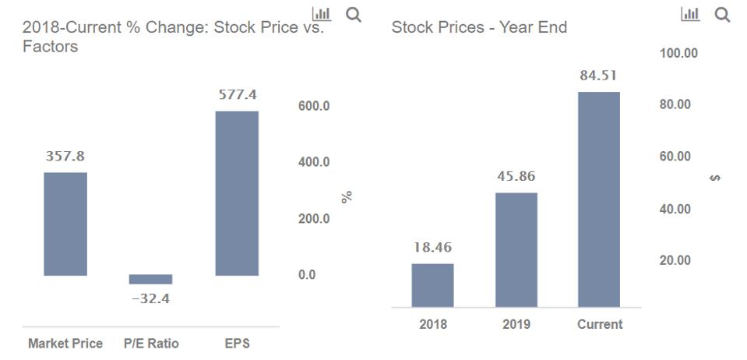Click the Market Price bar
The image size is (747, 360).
click(65, 224)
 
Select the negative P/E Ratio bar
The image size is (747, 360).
click(150, 279)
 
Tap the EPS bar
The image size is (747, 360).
click(236, 193)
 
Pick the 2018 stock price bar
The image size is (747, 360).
click(432, 285)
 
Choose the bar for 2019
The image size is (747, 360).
click(516, 249)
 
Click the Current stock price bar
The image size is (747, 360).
click(599, 199)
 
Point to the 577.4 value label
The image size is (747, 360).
click(237, 95)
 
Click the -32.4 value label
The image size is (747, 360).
click(150, 298)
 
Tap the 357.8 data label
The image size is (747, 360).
click(65, 157)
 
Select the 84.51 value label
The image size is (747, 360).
click(599, 76)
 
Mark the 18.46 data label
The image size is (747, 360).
click(432, 248)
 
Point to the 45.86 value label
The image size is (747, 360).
click(516, 177)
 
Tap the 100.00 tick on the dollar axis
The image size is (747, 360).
click(678, 53)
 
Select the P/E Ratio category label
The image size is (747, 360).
click(151, 344)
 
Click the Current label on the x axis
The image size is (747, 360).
click(600, 324)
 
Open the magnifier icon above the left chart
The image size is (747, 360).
click(354, 14)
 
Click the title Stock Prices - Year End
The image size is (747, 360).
click(479, 28)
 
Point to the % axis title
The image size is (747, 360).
click(347, 196)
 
